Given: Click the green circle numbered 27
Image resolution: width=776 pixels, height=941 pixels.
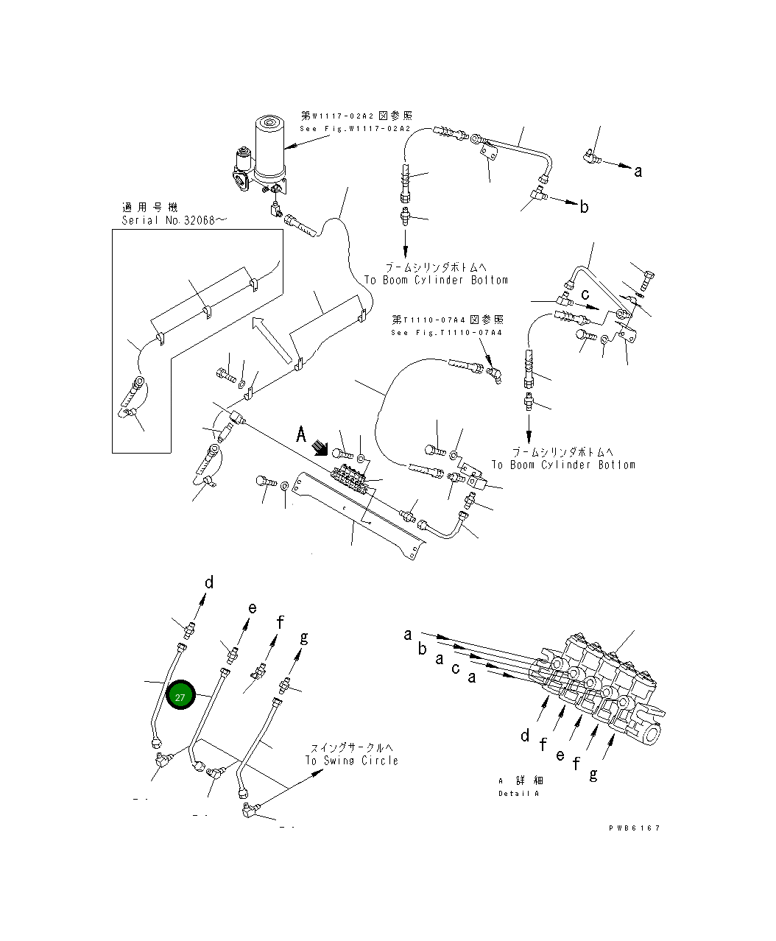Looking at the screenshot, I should click(x=180, y=696).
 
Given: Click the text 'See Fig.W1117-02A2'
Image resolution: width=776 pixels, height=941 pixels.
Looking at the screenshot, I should click(x=355, y=129).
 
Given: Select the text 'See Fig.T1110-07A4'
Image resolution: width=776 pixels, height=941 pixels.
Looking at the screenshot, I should click(x=447, y=333).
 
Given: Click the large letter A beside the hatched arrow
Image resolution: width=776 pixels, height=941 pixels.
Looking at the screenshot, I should click(x=301, y=435).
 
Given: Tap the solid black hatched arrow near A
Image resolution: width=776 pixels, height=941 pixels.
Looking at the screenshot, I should click(x=321, y=448).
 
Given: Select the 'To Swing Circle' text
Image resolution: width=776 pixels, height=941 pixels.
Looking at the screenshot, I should click(x=351, y=760).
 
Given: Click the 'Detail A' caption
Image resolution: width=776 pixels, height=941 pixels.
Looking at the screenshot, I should click(x=519, y=793).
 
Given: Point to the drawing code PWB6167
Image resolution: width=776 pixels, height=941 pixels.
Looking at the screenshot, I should click(x=634, y=828).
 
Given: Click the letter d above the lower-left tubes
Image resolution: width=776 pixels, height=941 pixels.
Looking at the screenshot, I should click(x=209, y=583).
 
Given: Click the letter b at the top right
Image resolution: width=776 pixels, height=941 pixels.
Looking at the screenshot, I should click(x=584, y=207).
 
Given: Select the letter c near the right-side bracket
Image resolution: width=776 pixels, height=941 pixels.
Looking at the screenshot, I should click(x=585, y=294).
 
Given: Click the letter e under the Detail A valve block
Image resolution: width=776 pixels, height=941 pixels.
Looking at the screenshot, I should click(x=560, y=755).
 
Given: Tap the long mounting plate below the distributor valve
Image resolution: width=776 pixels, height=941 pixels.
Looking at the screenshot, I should click(x=361, y=515).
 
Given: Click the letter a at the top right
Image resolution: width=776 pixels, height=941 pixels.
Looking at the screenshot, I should click(x=638, y=172).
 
